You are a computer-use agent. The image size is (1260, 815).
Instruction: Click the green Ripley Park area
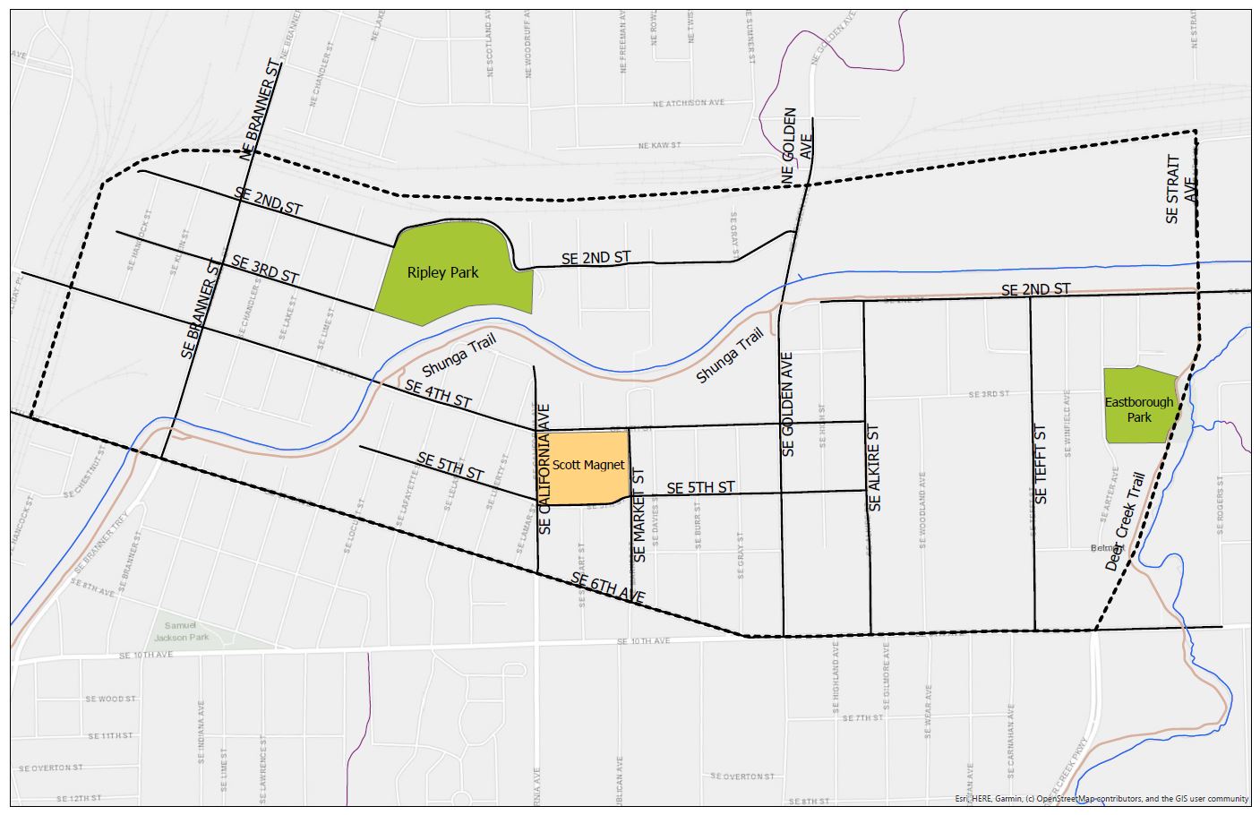click(x=448, y=269)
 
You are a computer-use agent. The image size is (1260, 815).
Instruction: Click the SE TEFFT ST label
click(x=1041, y=464)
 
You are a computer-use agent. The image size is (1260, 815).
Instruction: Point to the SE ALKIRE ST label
click(x=875, y=468)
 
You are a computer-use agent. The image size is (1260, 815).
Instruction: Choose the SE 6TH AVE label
click(x=608, y=589)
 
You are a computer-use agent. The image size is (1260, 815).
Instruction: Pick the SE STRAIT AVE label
click(x=1180, y=189)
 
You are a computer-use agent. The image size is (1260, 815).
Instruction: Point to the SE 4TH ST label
click(x=438, y=394)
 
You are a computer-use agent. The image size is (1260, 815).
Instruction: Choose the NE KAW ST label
click(x=660, y=144)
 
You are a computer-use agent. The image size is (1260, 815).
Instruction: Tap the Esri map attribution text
click(x=1101, y=798)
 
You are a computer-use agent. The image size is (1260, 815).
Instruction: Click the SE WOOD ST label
click(x=110, y=699)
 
